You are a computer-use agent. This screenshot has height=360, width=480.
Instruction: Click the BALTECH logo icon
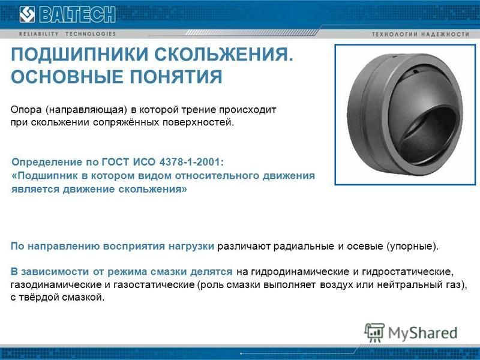tap(27, 14)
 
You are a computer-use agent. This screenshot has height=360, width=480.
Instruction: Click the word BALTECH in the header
tap(77, 14)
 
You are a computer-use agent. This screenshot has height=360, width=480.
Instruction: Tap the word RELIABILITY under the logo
tap(39, 34)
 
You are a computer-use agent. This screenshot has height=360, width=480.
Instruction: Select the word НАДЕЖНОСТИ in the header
tap(446, 34)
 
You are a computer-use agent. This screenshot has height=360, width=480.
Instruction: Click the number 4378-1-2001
tap(191, 162)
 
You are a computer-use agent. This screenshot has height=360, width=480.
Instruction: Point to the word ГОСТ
tap(115, 162)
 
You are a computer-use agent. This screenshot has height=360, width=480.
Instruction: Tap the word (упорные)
tap(413, 247)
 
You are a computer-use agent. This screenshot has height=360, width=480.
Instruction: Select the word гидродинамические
tap(300, 272)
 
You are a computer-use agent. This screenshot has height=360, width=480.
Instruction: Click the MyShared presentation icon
tap(374, 332)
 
